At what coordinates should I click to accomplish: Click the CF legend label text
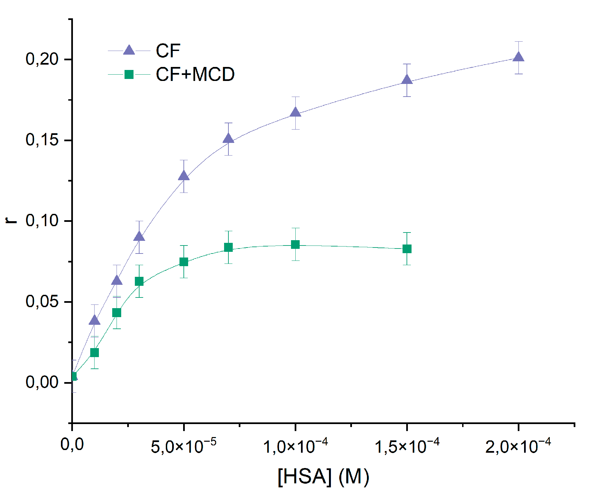tap(168, 51)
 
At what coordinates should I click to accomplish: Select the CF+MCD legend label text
tap(195, 74)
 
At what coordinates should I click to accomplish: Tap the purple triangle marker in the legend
tap(129, 50)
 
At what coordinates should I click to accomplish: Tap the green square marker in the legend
tap(129, 74)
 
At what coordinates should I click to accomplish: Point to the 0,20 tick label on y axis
tap(42, 59)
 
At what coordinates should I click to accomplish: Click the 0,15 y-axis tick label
tap(42, 140)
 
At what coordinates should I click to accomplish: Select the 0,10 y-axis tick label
tap(42, 221)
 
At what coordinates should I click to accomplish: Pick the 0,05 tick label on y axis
tap(42, 302)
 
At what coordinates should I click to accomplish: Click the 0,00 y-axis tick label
tap(42, 382)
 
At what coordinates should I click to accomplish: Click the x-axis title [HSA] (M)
tap(323, 477)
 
